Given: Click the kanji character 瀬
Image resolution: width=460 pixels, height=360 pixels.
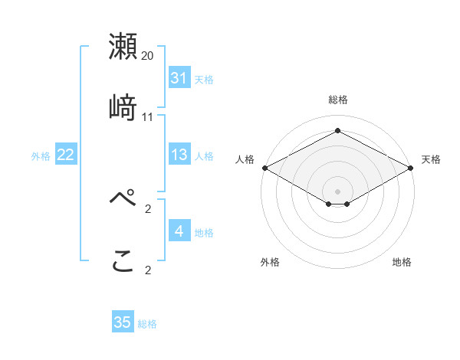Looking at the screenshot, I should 123,47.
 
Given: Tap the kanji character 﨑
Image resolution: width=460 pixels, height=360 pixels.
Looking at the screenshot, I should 123,107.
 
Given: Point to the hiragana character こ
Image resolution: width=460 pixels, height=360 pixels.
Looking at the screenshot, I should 123,260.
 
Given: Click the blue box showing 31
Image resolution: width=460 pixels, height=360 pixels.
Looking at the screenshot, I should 179,78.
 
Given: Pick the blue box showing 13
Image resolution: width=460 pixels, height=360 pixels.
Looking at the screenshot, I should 179,155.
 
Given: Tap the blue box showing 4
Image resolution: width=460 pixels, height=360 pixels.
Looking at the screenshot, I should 179,231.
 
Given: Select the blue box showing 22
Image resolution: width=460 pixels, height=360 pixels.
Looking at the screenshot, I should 66,155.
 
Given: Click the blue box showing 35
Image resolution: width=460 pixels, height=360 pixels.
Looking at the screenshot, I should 123,322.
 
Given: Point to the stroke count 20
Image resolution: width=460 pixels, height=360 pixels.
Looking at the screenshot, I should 148,57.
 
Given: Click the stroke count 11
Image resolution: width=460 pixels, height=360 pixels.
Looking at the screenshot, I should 148,117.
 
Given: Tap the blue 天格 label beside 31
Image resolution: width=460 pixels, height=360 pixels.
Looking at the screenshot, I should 204,79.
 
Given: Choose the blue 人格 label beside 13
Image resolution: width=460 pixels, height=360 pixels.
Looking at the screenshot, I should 204,156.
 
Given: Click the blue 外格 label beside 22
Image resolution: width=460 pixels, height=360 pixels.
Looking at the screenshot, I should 41,156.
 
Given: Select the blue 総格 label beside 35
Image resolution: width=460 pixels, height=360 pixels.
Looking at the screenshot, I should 147,323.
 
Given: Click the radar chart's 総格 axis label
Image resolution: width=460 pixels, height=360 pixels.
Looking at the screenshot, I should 337,100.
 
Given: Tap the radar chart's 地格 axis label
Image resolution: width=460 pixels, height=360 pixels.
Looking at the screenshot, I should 402,263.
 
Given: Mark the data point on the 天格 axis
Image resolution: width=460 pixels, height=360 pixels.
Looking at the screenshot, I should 412,168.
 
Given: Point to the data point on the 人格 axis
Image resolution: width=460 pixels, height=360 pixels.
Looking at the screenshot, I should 264,168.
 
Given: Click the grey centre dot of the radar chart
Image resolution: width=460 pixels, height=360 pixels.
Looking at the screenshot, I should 337,191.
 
